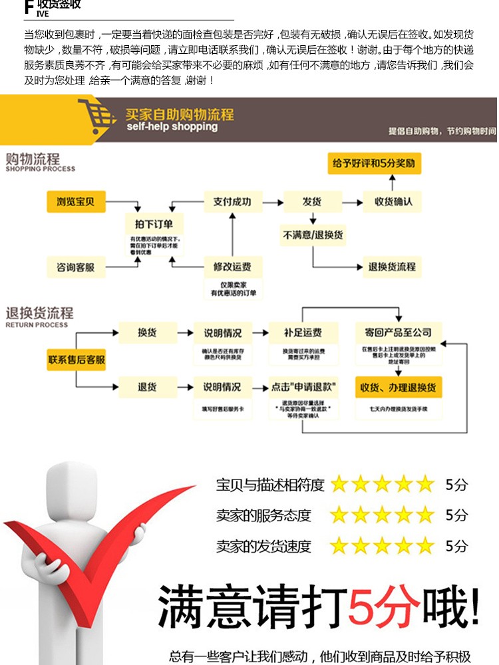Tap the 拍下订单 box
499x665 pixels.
[x=154, y=224]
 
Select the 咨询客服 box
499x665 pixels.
[x=76, y=267]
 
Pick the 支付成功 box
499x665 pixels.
[x=232, y=201]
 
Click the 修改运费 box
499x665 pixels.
[x=232, y=267]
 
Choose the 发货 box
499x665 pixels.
[x=312, y=201]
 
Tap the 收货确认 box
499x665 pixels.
[x=393, y=201]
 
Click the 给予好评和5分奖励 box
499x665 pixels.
[x=377, y=163]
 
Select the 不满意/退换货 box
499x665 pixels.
[x=313, y=235]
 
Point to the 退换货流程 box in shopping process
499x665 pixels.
[x=392, y=267]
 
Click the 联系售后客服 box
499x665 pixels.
[x=77, y=360]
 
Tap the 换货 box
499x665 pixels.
[x=147, y=332]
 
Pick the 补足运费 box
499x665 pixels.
[x=303, y=332]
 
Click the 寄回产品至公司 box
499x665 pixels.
[x=397, y=332]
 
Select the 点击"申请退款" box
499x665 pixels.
[x=303, y=387]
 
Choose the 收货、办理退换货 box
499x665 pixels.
[x=398, y=387]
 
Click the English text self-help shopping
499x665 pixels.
[x=172, y=127]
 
